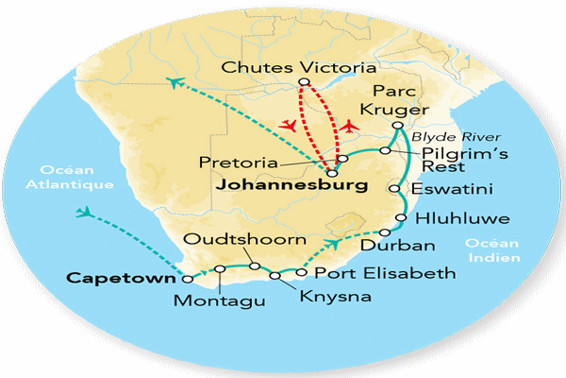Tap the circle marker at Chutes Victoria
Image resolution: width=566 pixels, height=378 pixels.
point(302,82)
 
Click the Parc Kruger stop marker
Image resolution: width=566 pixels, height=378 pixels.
point(398,126)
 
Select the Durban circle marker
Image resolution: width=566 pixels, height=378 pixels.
point(384,232)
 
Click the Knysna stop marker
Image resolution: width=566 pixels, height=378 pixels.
point(275,276)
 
